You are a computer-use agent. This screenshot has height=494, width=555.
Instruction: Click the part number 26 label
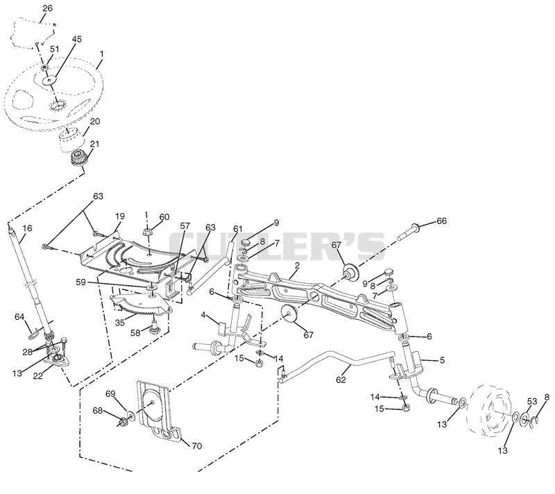coord(47,8)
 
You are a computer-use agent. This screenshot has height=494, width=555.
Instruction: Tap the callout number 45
coord(77,39)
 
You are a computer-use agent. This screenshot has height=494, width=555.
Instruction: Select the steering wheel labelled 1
coord(54,96)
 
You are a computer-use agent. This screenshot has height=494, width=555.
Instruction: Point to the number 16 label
coord(27,228)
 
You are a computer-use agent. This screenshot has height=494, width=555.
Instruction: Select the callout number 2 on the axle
coord(298,266)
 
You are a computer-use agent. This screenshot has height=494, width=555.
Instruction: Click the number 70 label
coord(197,446)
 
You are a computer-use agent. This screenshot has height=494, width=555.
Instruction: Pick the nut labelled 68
coord(123,421)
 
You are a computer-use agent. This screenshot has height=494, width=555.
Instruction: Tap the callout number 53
coord(532,401)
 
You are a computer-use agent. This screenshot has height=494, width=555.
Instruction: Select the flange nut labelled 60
coord(147,232)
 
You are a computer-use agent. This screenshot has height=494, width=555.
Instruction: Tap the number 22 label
coord(38,376)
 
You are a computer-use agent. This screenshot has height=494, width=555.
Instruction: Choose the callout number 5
coord(442,360)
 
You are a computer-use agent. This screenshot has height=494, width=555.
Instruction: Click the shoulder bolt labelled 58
coord(154,326)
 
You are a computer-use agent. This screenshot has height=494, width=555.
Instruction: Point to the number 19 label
coord(120,216)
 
